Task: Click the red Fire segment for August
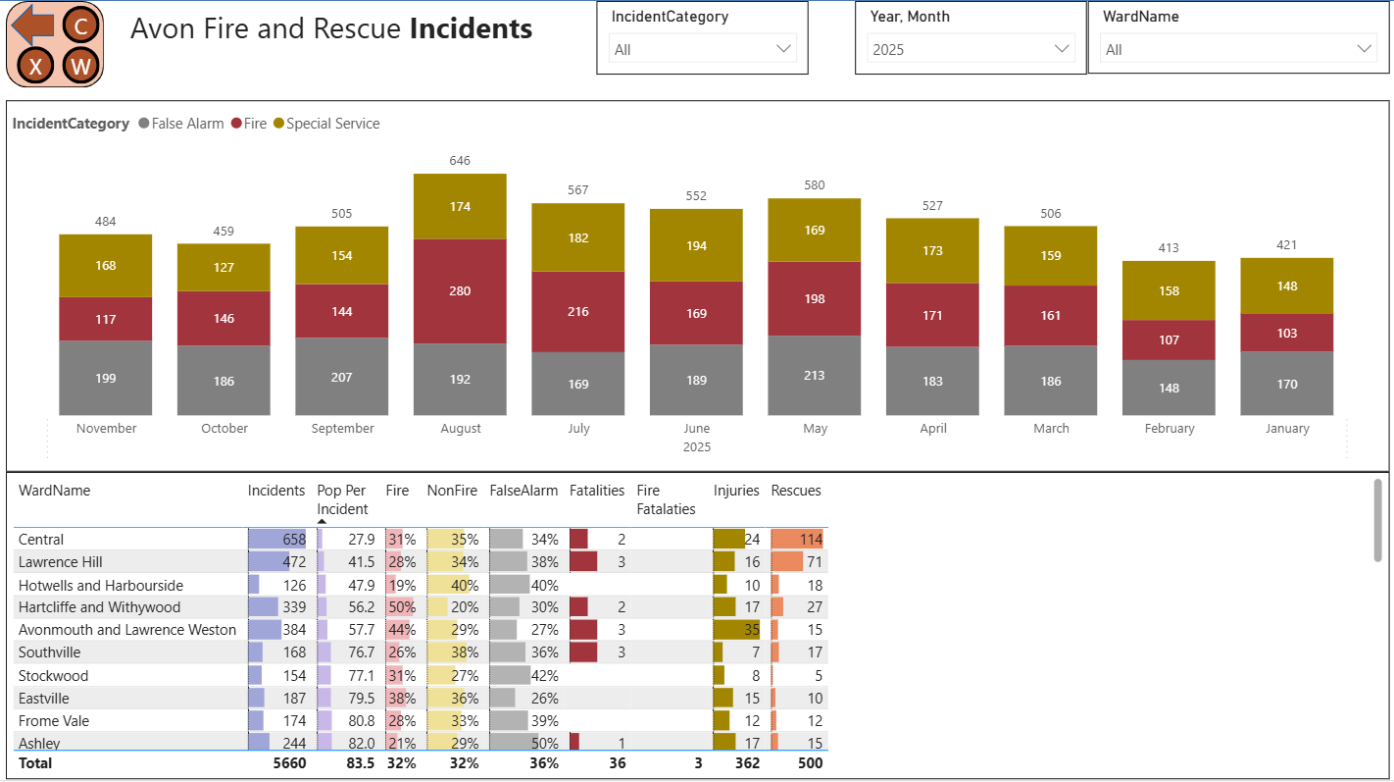(x=460, y=290)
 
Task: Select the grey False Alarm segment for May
(x=814, y=375)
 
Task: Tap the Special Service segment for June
(x=696, y=245)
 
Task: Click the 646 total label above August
(x=460, y=160)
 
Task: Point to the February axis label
(x=1169, y=428)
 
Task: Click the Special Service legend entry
(x=332, y=124)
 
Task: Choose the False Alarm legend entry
(x=186, y=124)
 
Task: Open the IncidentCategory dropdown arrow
(x=783, y=49)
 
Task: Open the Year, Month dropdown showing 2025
(x=971, y=49)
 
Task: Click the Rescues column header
(x=796, y=491)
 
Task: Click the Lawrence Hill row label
(x=61, y=561)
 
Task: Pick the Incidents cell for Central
(x=278, y=539)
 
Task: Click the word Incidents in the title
(x=471, y=28)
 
